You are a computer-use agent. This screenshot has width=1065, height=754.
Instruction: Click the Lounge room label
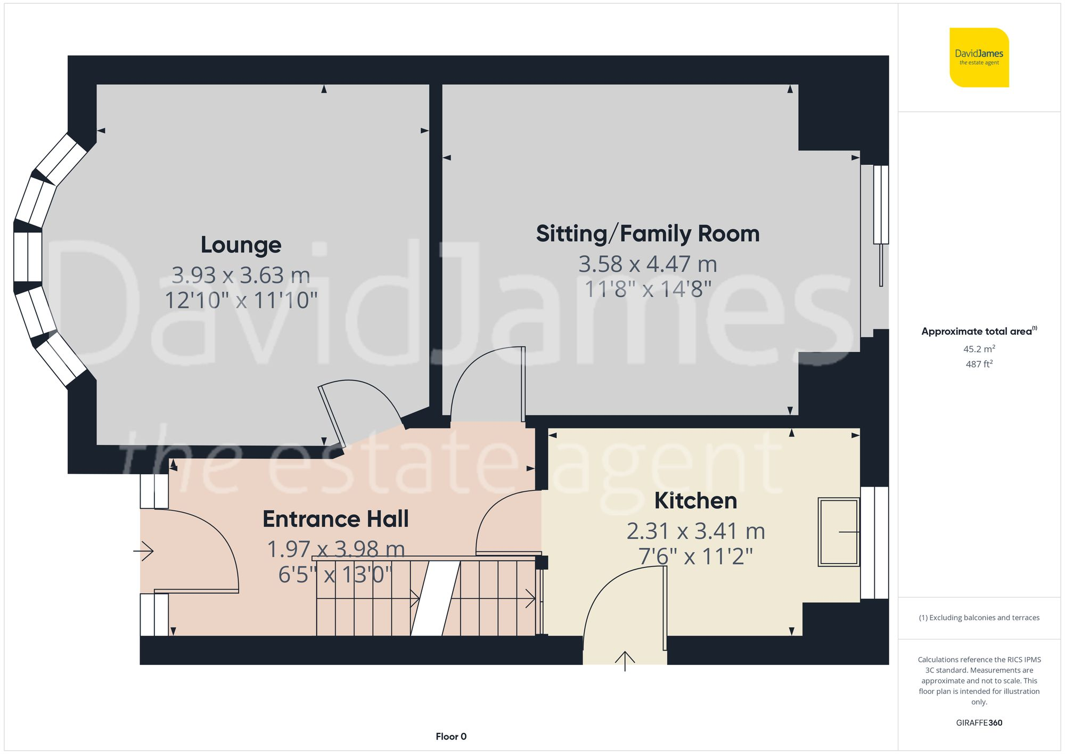[x=241, y=245]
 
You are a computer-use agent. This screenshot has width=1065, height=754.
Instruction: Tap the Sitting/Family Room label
[x=648, y=234]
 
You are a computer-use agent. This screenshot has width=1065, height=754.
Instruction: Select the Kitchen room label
[x=695, y=501]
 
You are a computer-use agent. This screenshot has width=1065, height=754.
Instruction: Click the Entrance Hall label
[x=335, y=519]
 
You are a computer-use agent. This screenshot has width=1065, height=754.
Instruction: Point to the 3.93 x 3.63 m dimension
[x=241, y=275]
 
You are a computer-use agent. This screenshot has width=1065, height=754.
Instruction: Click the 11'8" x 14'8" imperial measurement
[x=648, y=290]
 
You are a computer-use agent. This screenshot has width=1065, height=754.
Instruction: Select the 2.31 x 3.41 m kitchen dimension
[x=695, y=531]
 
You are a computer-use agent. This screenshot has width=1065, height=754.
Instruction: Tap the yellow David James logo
[x=979, y=58]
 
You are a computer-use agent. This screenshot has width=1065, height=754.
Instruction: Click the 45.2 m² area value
[x=979, y=349]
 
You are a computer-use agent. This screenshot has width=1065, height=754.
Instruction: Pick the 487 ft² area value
[x=979, y=364]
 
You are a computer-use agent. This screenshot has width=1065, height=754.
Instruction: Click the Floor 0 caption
[x=450, y=736]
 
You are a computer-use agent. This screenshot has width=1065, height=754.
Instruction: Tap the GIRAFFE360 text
[x=979, y=723]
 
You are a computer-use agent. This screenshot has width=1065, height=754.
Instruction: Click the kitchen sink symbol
[x=838, y=532]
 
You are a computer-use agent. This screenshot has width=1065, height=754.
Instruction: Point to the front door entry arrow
[x=144, y=551]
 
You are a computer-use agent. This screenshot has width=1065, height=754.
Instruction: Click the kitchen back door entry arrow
[x=625, y=661]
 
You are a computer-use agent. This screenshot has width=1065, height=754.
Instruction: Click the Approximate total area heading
[x=979, y=331]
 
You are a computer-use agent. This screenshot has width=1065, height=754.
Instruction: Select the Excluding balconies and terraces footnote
[x=979, y=618]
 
